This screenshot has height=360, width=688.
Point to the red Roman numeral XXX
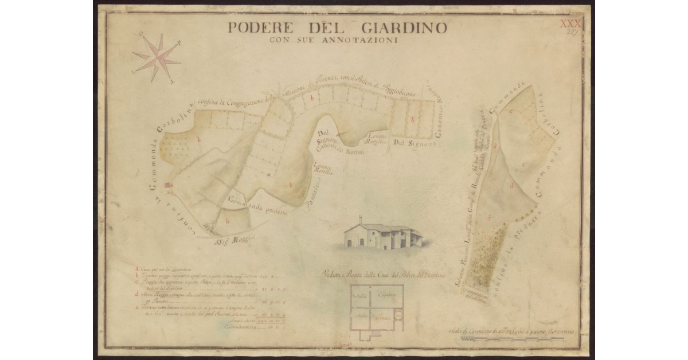[570, 22]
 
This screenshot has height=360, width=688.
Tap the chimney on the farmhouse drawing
[361, 219]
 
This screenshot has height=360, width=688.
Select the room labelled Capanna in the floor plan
[388, 295]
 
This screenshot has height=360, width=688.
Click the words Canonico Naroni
[341, 150]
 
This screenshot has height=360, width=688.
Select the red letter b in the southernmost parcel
[228, 220]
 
